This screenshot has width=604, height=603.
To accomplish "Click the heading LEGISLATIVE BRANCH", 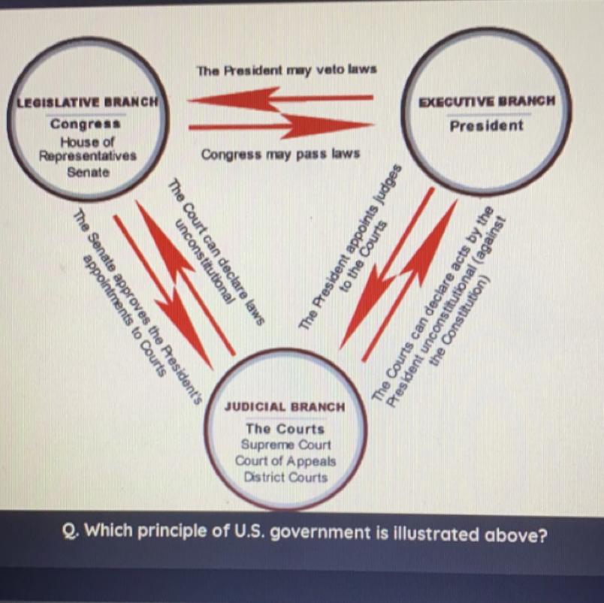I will (87, 101).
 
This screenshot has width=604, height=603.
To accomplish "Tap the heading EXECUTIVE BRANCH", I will (487, 101).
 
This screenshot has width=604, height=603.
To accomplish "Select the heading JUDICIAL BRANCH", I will (285, 406).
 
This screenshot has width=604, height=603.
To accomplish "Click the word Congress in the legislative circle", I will (85, 124).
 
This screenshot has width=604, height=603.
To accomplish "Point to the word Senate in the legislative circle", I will (88, 172).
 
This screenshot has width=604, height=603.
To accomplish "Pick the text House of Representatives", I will (88, 149).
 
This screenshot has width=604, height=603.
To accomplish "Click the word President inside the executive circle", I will (486, 125).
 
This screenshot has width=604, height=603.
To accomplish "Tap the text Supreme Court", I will (285, 445).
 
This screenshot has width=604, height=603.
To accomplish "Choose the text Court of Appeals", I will (285, 461).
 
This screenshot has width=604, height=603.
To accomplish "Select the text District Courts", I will (285, 478).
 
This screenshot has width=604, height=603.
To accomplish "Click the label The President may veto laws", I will (286, 70).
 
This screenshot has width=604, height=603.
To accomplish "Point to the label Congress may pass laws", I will (280, 154).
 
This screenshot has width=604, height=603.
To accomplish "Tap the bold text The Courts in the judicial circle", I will (285, 429).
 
